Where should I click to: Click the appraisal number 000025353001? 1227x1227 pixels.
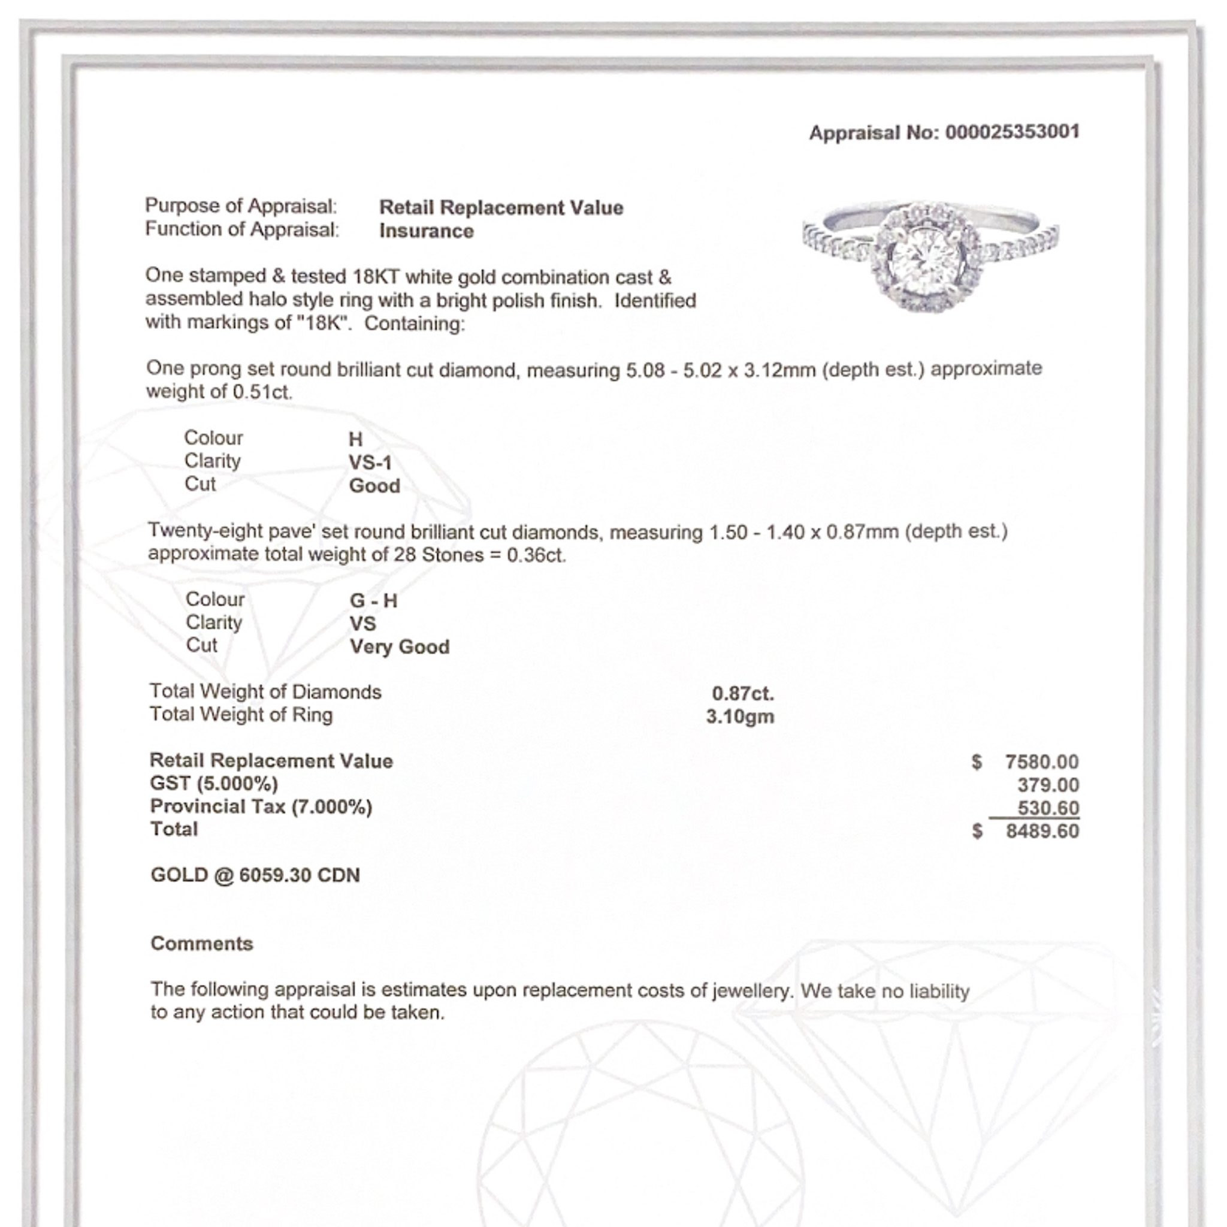pyautogui.click(x=1012, y=132)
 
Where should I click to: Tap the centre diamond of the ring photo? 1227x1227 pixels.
pyautogui.click(x=924, y=256)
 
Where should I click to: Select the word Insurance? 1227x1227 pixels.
pyautogui.click(x=426, y=231)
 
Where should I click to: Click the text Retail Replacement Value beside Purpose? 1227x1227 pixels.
pyautogui.click(x=501, y=208)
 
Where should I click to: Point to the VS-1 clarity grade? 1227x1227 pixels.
pyautogui.click(x=370, y=463)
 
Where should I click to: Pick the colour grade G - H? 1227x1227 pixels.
pyautogui.click(x=373, y=601)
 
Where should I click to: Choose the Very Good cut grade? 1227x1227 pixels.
pyautogui.click(x=400, y=647)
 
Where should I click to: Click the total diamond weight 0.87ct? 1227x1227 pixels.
pyautogui.click(x=742, y=694)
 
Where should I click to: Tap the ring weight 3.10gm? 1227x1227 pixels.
pyautogui.click(x=740, y=717)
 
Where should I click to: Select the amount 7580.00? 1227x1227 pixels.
pyautogui.click(x=1041, y=761)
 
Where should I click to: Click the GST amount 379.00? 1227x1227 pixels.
pyautogui.click(x=1048, y=785)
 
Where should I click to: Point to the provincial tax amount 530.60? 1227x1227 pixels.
pyautogui.click(x=1048, y=808)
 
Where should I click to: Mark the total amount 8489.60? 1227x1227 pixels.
pyautogui.click(x=1042, y=832)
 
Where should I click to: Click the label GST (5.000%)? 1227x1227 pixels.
pyautogui.click(x=214, y=784)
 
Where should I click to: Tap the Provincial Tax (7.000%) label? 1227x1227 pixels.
pyautogui.click(x=261, y=807)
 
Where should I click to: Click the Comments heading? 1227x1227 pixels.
pyautogui.click(x=202, y=944)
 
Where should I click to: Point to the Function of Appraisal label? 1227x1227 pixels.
pyautogui.click(x=242, y=229)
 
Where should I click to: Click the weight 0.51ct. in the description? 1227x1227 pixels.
pyautogui.click(x=262, y=392)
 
